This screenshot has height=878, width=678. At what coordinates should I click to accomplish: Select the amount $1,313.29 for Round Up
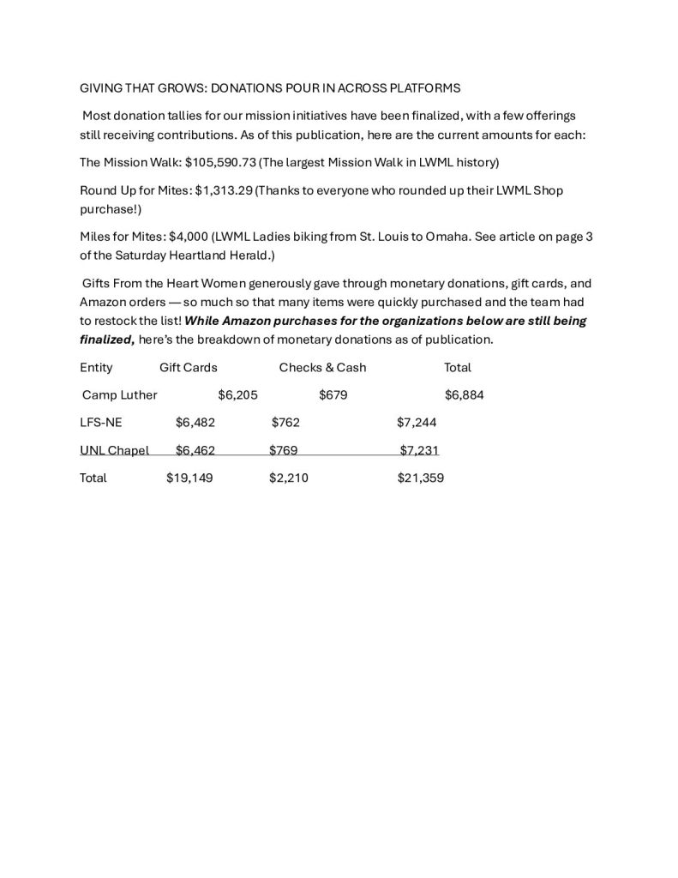[x=224, y=190]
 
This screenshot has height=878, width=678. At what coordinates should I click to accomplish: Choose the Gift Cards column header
[x=189, y=367]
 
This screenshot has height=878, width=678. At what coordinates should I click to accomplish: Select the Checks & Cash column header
[x=322, y=367]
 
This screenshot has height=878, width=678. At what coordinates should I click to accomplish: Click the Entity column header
[x=96, y=367]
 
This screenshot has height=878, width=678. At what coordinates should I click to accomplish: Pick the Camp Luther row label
[x=119, y=395]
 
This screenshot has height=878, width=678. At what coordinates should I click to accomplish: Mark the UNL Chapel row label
[x=114, y=450]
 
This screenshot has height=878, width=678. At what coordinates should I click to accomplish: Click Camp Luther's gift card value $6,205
[x=237, y=395]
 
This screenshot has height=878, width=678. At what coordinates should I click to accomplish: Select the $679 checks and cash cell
[x=333, y=395]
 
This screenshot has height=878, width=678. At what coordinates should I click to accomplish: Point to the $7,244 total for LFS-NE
[x=417, y=423]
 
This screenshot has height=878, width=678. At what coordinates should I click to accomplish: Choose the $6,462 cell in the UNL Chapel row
[x=195, y=450]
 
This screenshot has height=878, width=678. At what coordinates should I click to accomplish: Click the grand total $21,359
[x=420, y=478]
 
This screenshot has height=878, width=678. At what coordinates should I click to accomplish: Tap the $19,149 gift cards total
[x=189, y=478]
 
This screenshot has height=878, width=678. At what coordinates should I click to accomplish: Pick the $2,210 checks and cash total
[x=288, y=478]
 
